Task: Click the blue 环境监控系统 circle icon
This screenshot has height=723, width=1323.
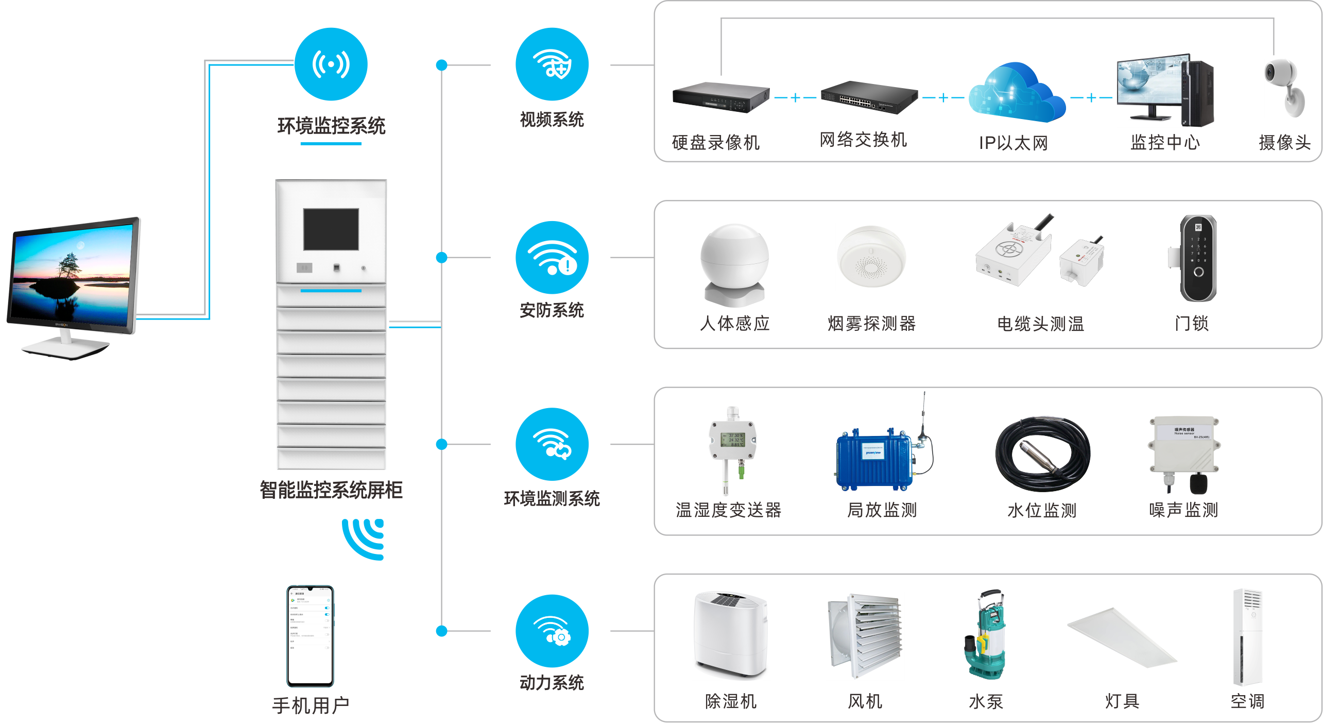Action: click(331, 64)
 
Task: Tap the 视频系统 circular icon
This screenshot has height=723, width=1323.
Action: click(552, 64)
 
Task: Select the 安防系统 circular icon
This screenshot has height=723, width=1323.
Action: click(552, 258)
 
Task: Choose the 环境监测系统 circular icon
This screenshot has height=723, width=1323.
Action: click(552, 444)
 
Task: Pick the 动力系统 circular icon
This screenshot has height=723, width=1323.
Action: click(552, 631)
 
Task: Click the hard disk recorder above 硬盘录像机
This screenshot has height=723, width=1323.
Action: click(720, 96)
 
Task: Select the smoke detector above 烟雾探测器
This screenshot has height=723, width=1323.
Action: click(871, 256)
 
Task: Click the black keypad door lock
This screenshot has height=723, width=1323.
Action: click(1198, 258)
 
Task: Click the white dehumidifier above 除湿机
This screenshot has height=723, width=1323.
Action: click(730, 634)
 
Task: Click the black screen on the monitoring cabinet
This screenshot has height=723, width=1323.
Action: click(331, 229)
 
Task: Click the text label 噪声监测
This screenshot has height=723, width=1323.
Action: click(1183, 510)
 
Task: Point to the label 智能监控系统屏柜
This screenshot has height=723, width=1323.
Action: click(331, 490)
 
